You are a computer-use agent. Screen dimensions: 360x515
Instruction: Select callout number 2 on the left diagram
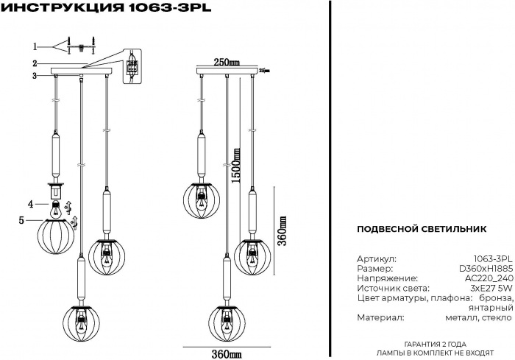coord(35,63)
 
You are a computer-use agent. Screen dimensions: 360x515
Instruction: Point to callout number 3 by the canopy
coord(35,75)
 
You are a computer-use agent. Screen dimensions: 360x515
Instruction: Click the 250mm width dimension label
coord(227,62)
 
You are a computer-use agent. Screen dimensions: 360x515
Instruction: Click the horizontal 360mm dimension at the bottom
coord(227,355)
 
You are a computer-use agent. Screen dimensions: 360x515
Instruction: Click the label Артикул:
coord(376,260)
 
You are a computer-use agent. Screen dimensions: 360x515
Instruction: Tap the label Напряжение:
coord(387,279)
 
